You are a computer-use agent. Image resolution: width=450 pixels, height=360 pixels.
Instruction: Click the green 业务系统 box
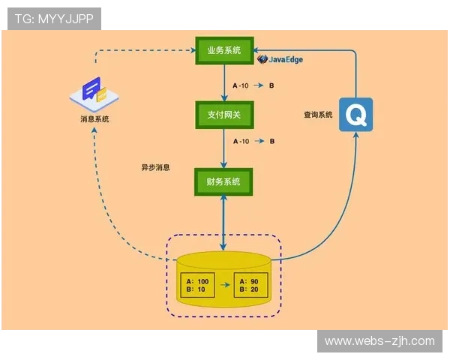pos(224,51)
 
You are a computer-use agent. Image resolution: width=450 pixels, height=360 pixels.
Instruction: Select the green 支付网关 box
pos(224,115)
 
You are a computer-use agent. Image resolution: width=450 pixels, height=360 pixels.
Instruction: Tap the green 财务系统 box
pos(224,181)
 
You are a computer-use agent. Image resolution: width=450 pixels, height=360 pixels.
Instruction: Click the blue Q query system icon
pos(355,115)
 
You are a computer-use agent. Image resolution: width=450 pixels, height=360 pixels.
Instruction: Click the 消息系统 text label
pos(94,119)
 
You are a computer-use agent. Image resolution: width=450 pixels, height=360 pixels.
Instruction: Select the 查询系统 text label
pos(318,115)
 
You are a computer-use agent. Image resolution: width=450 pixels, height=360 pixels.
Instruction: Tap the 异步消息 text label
pos(155,167)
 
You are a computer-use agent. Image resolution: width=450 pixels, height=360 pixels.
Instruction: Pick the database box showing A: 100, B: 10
pos(198,286)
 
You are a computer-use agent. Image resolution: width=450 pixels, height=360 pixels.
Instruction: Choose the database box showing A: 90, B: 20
pos(250,286)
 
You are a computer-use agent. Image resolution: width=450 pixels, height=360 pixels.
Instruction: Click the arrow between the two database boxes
pos(224,286)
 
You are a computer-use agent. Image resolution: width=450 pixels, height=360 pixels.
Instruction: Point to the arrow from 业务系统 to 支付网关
pos(225,84)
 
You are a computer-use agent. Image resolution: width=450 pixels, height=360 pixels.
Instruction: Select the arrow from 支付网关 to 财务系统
pos(225,149)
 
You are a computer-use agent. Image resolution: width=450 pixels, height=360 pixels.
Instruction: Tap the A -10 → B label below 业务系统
pos(253,85)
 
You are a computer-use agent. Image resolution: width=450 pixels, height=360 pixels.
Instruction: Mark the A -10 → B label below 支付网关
pos(253,141)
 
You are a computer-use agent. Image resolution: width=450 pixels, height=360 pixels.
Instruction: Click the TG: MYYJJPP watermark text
pos(53,19)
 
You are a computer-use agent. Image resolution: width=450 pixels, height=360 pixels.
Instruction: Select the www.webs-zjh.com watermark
pos(379,341)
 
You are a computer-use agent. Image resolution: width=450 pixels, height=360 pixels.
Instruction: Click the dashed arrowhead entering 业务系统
pos(191,50)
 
